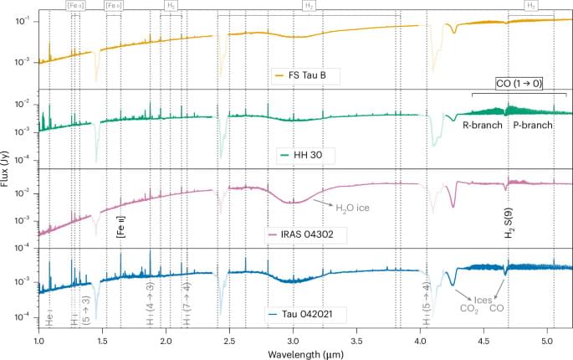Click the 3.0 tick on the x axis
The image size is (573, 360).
293,339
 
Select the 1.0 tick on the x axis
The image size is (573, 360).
38,339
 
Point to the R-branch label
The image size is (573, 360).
483,124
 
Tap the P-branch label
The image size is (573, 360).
534,124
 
